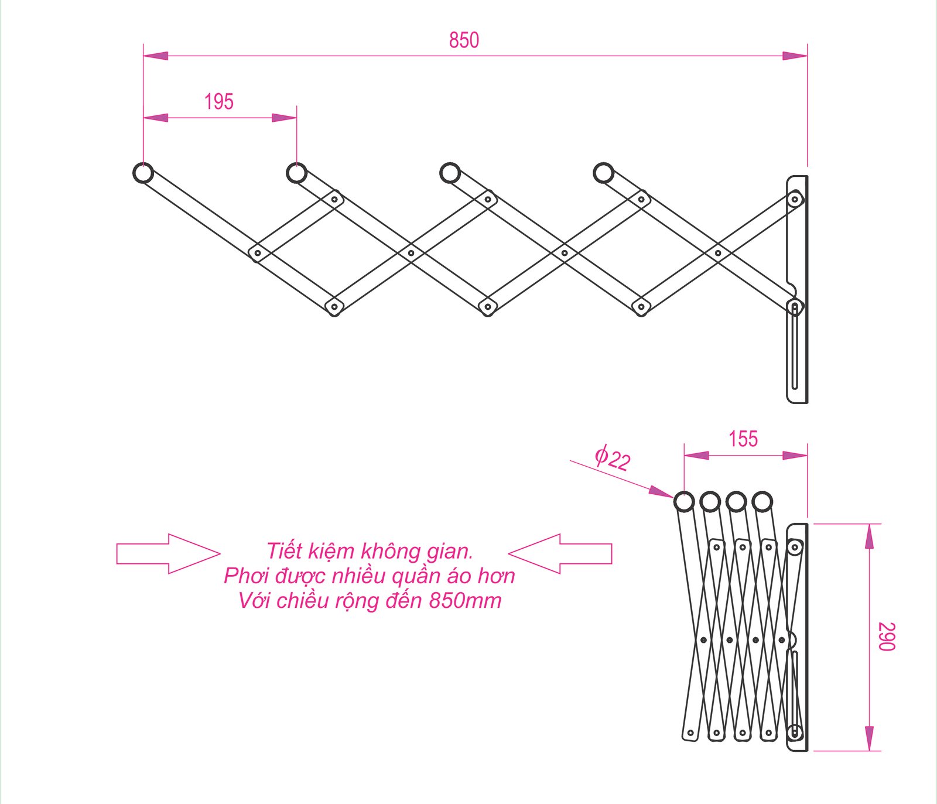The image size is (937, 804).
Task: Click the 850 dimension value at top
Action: pos(464,40)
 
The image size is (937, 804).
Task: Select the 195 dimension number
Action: pos(219,101)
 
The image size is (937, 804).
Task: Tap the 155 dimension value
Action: pos(743,439)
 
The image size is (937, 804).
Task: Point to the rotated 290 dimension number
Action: pos(887,637)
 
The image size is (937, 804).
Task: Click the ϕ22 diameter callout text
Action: pos(613,458)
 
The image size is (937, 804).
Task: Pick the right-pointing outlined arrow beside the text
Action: pos(168,553)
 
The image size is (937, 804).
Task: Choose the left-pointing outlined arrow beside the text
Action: pos(560,553)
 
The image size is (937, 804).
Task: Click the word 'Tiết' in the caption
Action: pos(285,551)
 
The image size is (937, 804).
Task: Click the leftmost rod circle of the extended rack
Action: pos(143,173)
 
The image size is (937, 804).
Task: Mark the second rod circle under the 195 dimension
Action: pos(296,173)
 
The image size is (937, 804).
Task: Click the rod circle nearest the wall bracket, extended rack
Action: pos(603,173)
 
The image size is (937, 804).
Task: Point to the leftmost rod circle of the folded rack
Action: pos(684,502)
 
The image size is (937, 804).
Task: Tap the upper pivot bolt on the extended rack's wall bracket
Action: pos(795,200)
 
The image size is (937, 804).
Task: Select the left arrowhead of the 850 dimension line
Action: pos(156,56)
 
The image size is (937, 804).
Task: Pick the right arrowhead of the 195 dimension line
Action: pos(284,118)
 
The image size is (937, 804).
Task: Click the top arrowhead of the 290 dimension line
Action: pos(869,536)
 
